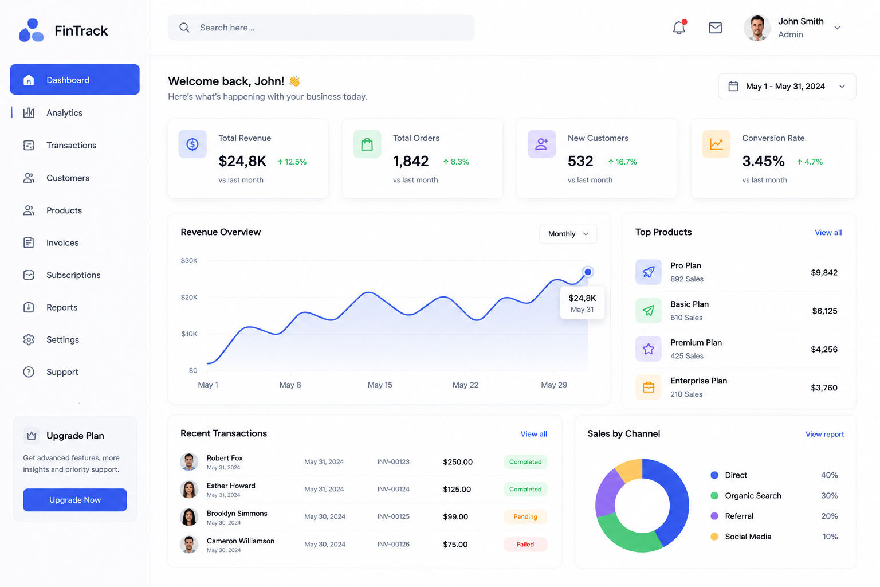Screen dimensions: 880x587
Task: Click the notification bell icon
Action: click(x=679, y=27)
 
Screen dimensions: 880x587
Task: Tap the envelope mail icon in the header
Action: click(x=715, y=28)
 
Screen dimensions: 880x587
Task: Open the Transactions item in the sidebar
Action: click(x=71, y=145)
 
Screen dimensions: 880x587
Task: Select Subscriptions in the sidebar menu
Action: click(x=73, y=275)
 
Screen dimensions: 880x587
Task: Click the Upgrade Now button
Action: click(x=74, y=500)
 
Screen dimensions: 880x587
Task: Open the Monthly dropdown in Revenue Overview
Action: click(x=568, y=233)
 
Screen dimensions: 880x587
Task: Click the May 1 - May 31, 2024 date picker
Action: click(x=787, y=86)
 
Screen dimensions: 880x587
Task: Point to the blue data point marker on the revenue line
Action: click(x=588, y=272)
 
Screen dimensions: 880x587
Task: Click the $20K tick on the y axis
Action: click(x=189, y=298)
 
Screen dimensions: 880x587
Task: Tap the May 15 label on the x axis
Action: click(x=380, y=385)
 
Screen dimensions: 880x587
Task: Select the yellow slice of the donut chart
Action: click(x=630, y=469)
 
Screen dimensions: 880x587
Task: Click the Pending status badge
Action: click(x=525, y=516)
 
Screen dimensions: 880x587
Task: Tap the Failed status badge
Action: click(x=525, y=544)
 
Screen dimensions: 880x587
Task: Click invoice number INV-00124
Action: click(x=393, y=489)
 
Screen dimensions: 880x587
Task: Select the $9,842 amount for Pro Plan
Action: click(x=824, y=272)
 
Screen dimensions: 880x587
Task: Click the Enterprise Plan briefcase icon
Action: click(x=648, y=388)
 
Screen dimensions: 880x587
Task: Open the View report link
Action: click(x=824, y=434)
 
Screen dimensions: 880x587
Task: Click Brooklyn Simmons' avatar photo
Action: click(x=189, y=517)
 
